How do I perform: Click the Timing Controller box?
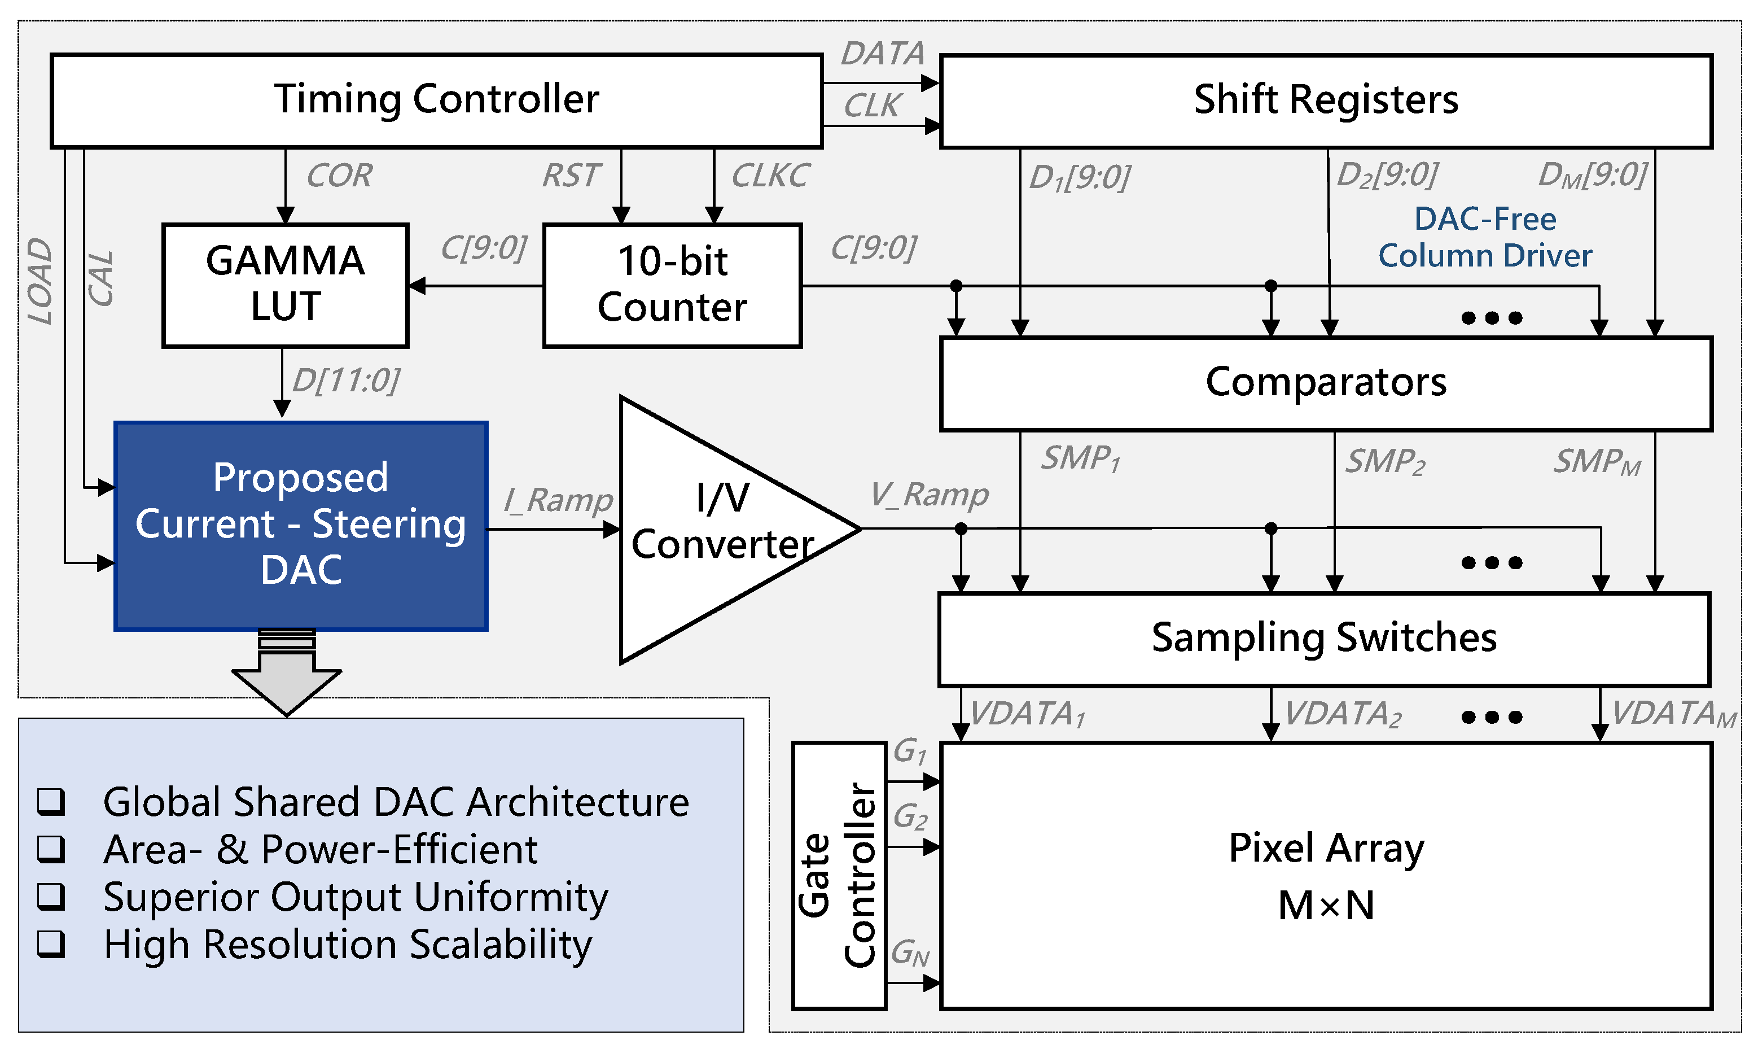click(x=436, y=100)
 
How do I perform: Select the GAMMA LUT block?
click(x=285, y=285)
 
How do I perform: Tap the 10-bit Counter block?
click(x=672, y=285)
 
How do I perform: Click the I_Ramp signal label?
click(x=558, y=500)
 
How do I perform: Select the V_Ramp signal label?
click(x=928, y=495)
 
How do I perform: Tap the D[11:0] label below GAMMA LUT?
click(x=345, y=381)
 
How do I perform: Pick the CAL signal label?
click(x=100, y=279)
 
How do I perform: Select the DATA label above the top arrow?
click(x=882, y=54)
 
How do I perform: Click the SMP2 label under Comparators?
click(x=1385, y=462)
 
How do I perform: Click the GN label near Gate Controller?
click(x=910, y=953)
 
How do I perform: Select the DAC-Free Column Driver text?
click(x=1484, y=238)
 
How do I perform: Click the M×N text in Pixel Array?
click(x=1326, y=906)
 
